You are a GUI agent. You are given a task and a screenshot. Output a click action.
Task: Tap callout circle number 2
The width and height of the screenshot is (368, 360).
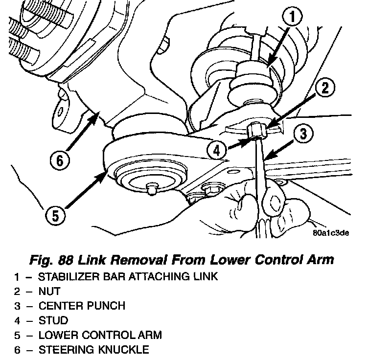click(325, 89)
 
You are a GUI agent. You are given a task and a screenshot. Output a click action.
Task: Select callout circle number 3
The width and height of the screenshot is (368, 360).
click(304, 133)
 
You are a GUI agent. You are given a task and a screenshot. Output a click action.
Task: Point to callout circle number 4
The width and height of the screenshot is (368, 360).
click(217, 150)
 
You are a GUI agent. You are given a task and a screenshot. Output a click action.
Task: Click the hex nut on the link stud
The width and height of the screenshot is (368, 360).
click(257, 131)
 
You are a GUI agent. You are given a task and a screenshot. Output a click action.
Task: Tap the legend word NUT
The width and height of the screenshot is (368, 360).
click(49, 291)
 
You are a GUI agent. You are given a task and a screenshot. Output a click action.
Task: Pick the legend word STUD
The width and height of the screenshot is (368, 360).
click(53, 320)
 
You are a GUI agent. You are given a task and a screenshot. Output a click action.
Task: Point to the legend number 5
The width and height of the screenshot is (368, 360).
click(17, 335)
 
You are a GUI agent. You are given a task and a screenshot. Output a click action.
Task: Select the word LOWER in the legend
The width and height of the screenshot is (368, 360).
click(56, 335)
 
